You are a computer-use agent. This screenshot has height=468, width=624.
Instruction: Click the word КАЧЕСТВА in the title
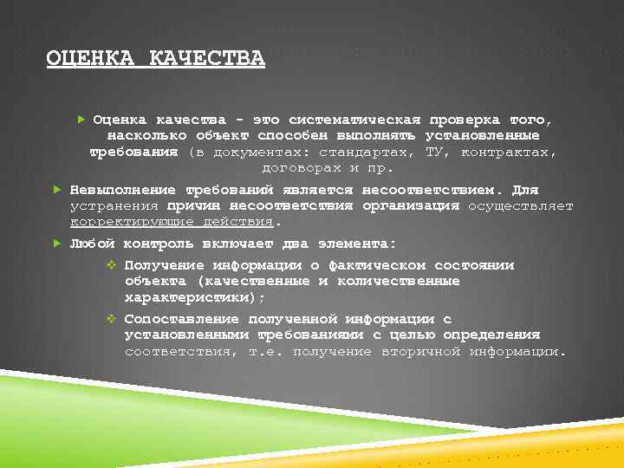(x=207, y=58)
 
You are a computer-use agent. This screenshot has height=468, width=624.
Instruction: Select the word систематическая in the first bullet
(x=354, y=120)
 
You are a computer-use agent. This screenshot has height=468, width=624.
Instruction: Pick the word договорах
(x=302, y=167)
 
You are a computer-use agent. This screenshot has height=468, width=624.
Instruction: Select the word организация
(x=412, y=205)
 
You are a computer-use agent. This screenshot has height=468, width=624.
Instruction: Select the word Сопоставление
(x=179, y=319)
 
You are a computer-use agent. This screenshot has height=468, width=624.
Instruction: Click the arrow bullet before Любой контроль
(x=55, y=244)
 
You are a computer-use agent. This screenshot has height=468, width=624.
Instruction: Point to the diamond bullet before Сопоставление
(x=111, y=319)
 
